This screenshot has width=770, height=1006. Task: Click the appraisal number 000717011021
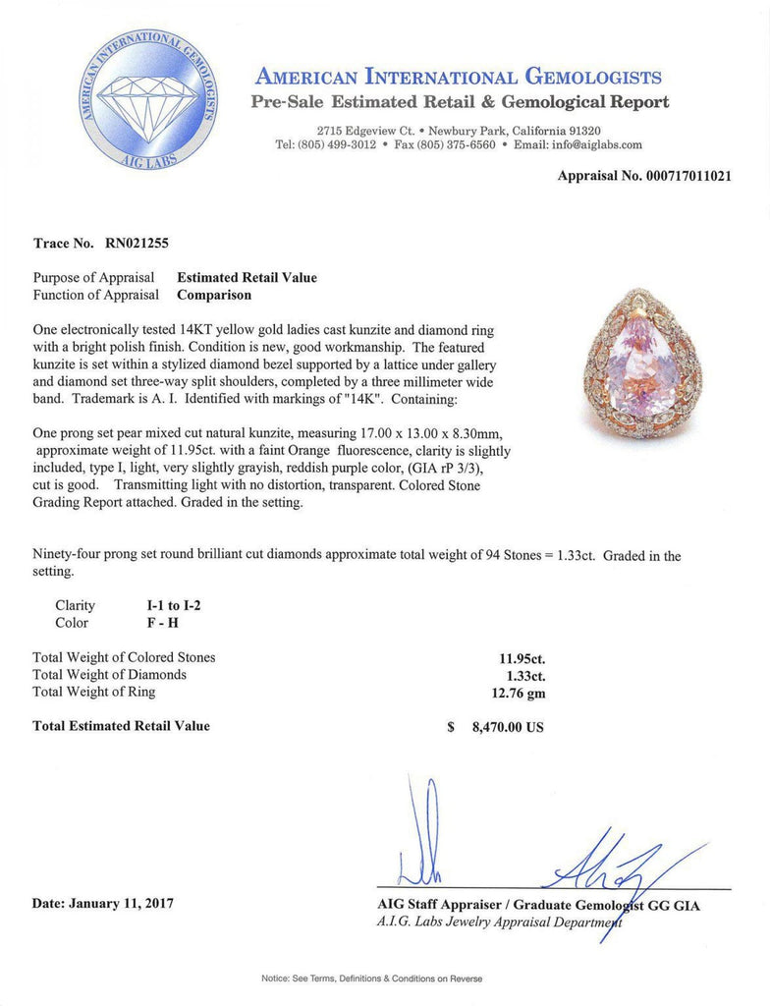coord(687,177)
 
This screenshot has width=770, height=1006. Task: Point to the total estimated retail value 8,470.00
coord(504,727)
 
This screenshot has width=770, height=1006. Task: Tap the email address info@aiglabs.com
coord(593,144)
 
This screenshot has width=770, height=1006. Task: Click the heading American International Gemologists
coord(458,77)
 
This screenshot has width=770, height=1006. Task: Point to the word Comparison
coord(214,294)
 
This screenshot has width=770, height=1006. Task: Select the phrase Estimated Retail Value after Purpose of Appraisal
coord(247,277)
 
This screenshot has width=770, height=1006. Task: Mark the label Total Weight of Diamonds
coord(109,675)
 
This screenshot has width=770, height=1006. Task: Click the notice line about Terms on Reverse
coord(371,978)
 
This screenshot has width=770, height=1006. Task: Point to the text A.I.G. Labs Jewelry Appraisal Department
coord(500,922)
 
